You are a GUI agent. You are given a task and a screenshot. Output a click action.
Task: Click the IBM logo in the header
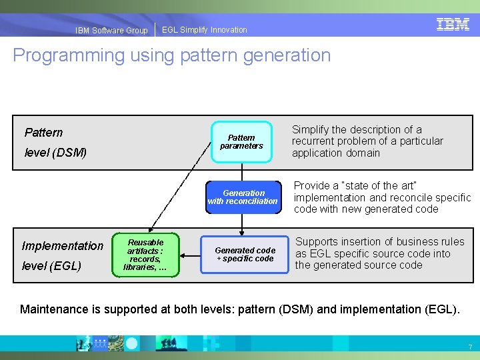coord(453,25)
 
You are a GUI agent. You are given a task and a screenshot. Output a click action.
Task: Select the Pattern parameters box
coord(241,141)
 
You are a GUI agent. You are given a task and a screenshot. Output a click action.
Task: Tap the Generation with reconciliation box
coord(242,197)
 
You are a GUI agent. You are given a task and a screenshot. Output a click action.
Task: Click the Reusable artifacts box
coord(145,255)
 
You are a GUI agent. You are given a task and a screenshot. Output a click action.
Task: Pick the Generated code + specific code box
coord(245,254)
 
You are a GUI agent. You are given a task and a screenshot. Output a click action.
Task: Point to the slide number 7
coord(470,347)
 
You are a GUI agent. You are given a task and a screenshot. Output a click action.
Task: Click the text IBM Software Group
coord(111,30)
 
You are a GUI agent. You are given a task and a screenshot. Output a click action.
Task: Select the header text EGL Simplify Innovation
coord(204,30)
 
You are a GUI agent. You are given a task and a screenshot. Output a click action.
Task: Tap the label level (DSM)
coord(55,153)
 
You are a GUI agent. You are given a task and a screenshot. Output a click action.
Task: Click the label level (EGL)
coord(51,266)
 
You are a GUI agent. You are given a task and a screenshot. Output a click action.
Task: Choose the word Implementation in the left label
coord(63,246)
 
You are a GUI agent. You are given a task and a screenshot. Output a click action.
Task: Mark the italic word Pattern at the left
coord(43,132)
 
